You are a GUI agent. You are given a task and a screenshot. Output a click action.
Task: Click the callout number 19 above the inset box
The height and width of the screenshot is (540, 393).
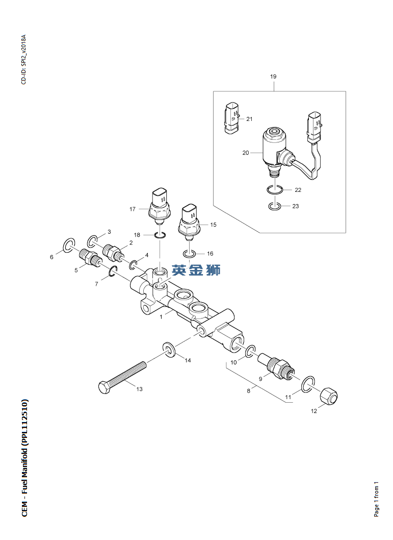[x=273, y=77]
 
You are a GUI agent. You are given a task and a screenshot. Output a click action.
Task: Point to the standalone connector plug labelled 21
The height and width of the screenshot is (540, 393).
[x=231, y=118]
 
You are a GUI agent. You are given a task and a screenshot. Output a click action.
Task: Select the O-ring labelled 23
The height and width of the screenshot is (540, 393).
[x=274, y=206]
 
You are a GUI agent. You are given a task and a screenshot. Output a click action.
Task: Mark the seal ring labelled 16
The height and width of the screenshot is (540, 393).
[x=189, y=254]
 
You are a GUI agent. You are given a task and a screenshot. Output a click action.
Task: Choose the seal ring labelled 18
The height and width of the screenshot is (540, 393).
[x=160, y=235]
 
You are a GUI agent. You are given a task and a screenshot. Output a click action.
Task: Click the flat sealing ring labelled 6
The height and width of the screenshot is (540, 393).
[x=68, y=244]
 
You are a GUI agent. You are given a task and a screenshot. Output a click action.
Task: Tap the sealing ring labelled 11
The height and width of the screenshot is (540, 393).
[x=308, y=384]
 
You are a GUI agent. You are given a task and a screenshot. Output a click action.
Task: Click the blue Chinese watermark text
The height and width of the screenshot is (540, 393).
[x=196, y=270]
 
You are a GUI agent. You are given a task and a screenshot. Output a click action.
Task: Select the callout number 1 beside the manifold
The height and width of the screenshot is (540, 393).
[x=161, y=316]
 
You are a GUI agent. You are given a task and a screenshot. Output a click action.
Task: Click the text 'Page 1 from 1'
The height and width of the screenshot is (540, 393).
[x=376, y=499]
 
